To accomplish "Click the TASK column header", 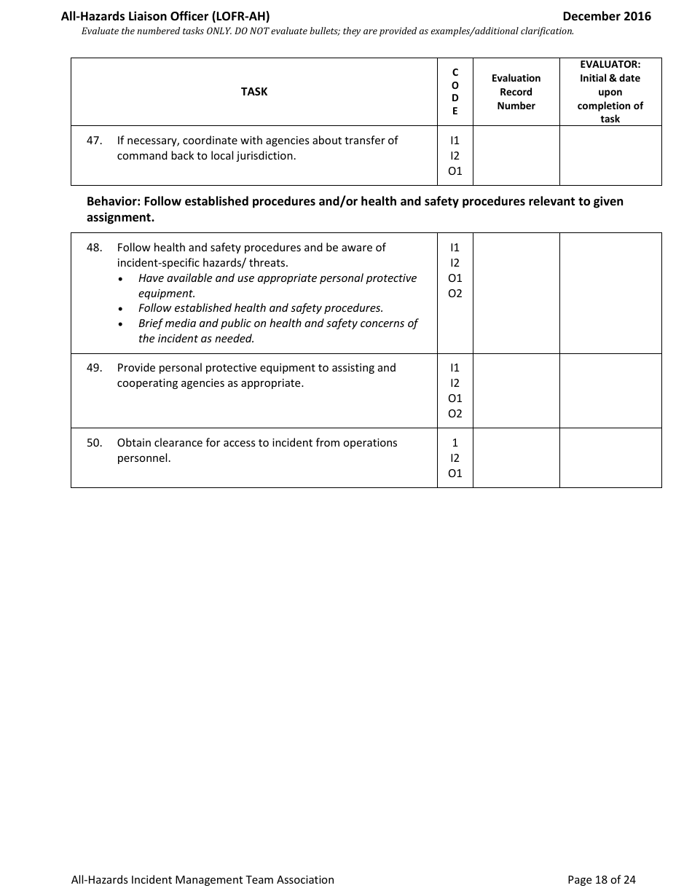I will click(254, 92).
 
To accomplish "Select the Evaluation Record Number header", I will click(516, 92).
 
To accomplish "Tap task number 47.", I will click(94, 141).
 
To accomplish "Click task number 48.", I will click(94, 248).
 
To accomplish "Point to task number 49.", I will click(94, 368).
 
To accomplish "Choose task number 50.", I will click(94, 443).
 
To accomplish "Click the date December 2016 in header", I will click(606, 16).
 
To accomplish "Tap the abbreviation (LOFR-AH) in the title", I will click(240, 16).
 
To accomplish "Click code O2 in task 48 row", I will click(455, 294).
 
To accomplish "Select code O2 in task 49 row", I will click(455, 414).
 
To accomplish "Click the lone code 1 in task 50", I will click(455, 443).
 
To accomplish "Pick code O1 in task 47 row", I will click(455, 171).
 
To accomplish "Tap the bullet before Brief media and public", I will click(121, 324).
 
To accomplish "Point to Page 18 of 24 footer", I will click(601, 880).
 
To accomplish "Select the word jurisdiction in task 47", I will click(266, 156).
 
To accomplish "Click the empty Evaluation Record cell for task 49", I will click(516, 390).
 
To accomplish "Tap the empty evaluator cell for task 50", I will click(610, 457).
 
